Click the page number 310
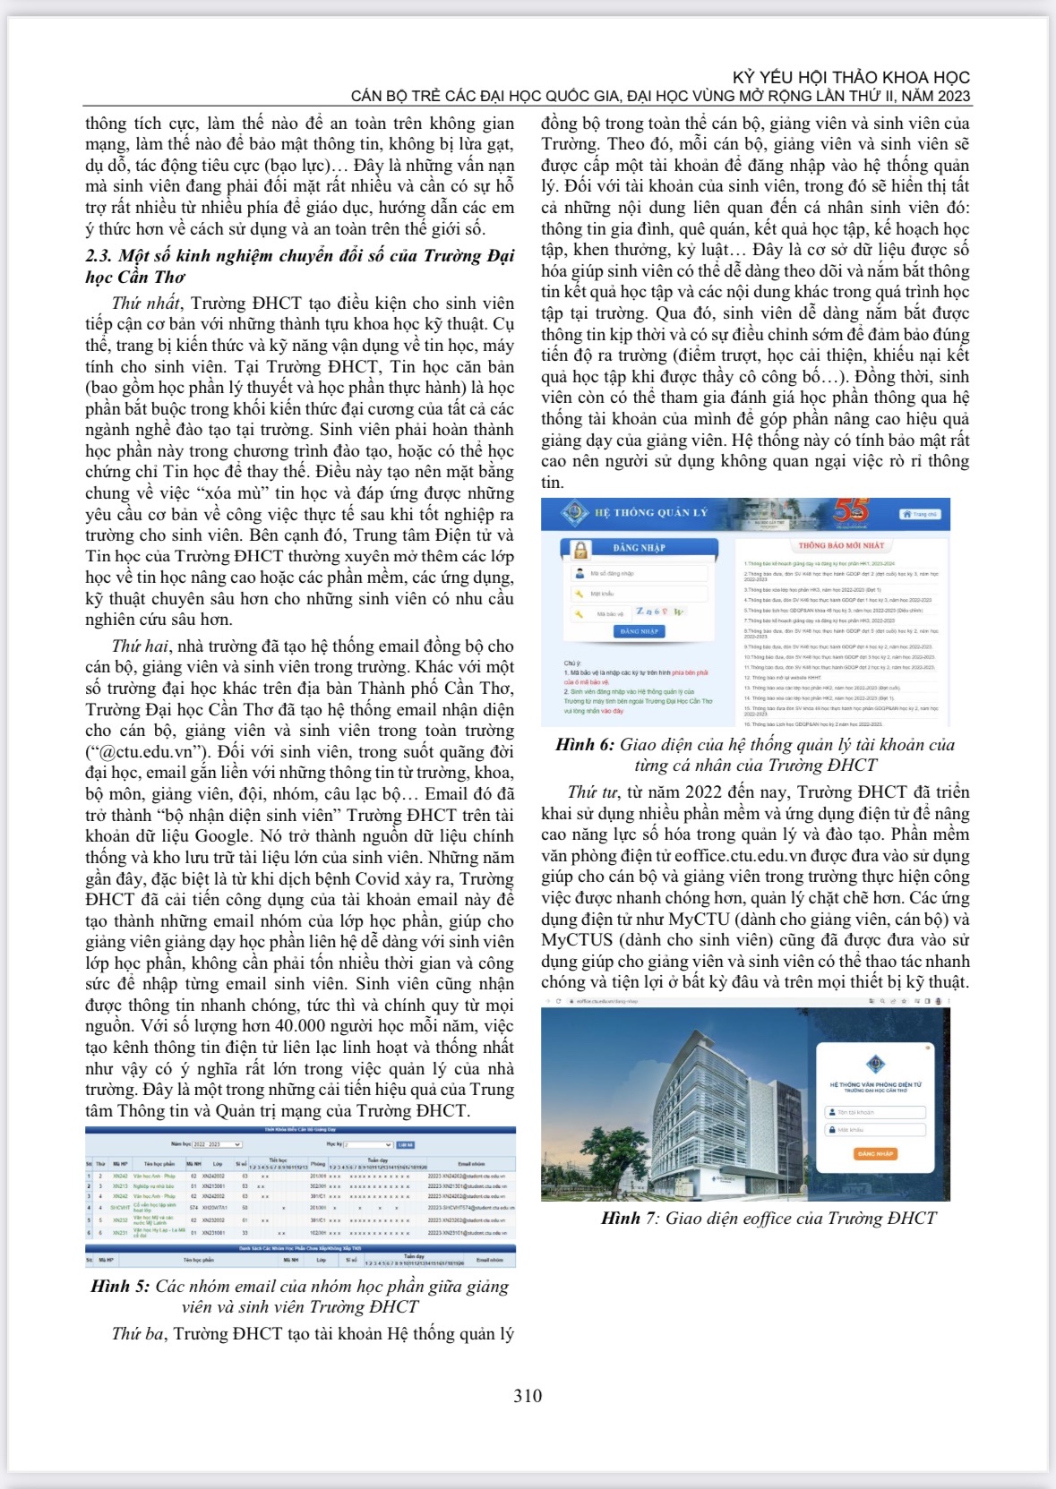click(x=528, y=1396)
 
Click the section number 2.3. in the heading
click(x=99, y=256)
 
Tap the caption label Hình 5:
click(x=120, y=1287)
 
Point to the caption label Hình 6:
click(x=584, y=745)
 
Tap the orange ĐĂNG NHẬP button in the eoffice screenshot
click(x=875, y=1154)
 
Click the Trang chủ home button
click(x=920, y=514)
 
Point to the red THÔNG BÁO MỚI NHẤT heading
click(x=841, y=545)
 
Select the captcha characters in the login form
click(x=660, y=612)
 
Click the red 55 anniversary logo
click(x=850, y=510)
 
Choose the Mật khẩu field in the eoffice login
click(x=875, y=1130)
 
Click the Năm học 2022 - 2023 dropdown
click(x=216, y=1144)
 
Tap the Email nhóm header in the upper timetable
click(x=471, y=1164)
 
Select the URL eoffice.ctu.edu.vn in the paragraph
click(x=758, y=856)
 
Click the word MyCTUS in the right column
click(x=577, y=940)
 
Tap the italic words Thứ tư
click(x=593, y=792)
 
